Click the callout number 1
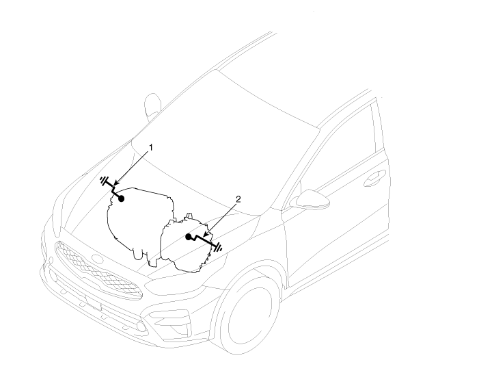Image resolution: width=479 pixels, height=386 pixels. (x=150, y=148)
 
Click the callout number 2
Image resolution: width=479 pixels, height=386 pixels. (x=238, y=199)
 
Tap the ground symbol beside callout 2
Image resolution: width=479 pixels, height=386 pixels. (x=218, y=247)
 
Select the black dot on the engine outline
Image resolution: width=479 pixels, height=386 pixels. (x=121, y=198)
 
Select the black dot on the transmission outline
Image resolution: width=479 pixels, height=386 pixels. (x=189, y=236)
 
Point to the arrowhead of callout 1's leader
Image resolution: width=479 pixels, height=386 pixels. (x=115, y=184)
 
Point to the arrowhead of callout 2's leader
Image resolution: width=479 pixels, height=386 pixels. (x=205, y=235)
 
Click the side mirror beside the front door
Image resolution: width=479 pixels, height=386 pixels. (x=310, y=200)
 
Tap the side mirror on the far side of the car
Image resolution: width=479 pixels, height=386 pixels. (x=152, y=106)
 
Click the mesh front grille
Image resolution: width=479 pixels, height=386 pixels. (x=98, y=270)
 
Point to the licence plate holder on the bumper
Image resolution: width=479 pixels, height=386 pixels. (x=94, y=303)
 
